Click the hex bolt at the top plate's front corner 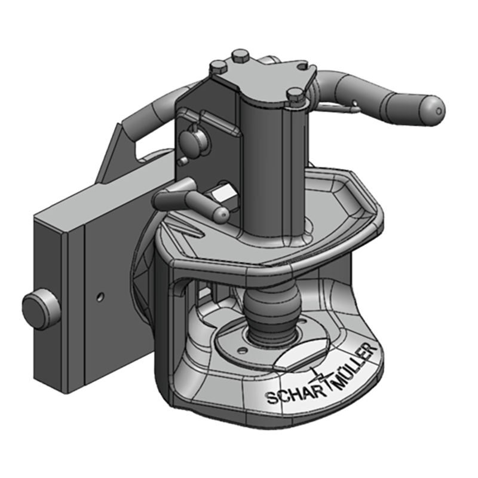coord(295,94)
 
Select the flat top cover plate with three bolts coord(263,78)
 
